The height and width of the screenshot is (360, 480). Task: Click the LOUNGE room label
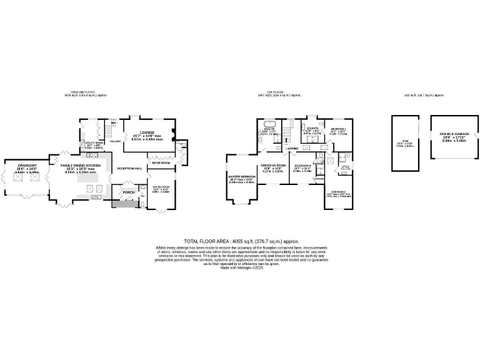(x=147, y=132)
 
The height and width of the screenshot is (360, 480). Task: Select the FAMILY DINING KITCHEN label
(x=82, y=166)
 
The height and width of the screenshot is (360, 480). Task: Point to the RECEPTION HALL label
(x=129, y=168)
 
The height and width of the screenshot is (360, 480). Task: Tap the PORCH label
(x=128, y=192)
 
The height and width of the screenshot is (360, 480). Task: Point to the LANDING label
(x=292, y=148)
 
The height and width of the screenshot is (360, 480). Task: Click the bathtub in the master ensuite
(x=271, y=123)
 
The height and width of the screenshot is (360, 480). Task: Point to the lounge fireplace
(x=176, y=132)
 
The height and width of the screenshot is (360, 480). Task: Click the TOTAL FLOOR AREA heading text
(x=241, y=240)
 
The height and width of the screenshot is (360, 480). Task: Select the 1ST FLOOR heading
(x=279, y=93)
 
